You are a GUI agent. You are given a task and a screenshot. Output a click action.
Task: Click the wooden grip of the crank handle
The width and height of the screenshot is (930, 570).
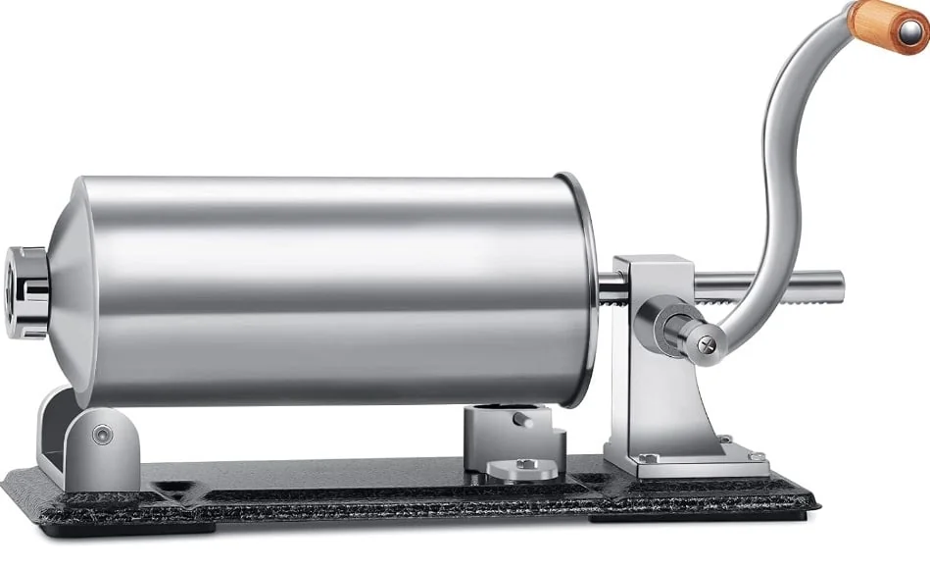[881, 22]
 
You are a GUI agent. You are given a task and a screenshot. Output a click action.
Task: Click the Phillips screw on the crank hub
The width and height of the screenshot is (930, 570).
[704, 342]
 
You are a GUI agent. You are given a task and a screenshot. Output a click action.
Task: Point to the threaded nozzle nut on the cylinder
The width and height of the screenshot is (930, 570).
[25, 291]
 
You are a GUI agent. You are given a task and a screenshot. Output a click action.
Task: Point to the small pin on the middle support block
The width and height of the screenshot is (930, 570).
[525, 421]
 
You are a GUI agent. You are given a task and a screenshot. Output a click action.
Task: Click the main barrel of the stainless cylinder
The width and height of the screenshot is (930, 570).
[333, 289]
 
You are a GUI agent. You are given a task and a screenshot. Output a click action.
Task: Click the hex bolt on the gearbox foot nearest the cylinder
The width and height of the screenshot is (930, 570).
[646, 457]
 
